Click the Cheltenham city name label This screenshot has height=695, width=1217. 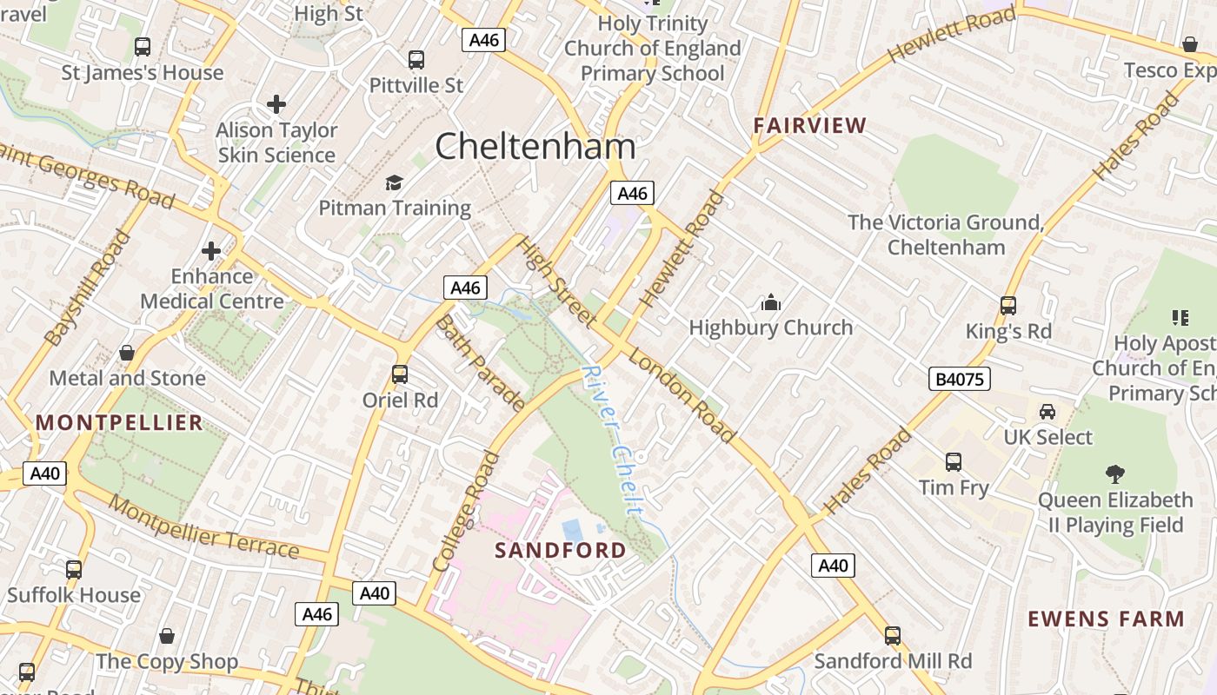click(x=535, y=146)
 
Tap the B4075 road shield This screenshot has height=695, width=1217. click(x=960, y=379)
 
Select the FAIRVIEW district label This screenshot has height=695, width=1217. click(x=810, y=125)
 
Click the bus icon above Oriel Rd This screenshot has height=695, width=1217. click(x=400, y=374)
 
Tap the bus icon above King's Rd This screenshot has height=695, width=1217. click(x=1008, y=306)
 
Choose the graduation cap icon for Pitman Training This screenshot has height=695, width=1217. click(x=395, y=182)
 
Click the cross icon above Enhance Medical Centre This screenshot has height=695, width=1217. click(x=211, y=251)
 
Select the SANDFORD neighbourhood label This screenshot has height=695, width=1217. click(x=560, y=550)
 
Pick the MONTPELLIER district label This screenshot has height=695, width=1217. click(x=119, y=423)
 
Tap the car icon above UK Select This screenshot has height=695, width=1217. click(x=1047, y=411)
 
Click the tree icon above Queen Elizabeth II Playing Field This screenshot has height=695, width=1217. click(x=1115, y=473)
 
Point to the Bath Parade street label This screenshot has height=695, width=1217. click(x=480, y=362)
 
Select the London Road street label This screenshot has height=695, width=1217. click(x=682, y=394)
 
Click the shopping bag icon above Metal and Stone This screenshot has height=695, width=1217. click(x=127, y=353)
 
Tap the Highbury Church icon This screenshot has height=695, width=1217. click(x=770, y=303)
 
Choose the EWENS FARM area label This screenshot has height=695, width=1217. click(x=1106, y=619)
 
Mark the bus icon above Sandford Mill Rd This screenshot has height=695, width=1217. click(x=892, y=635)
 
